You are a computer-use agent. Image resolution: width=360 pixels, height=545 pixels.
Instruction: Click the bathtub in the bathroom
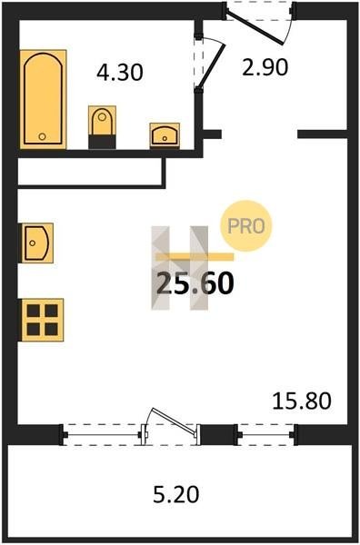point(43,99)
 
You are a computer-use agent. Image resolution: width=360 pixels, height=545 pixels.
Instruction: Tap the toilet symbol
point(102,126)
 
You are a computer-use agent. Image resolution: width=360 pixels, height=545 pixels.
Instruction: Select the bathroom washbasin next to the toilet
point(165,135)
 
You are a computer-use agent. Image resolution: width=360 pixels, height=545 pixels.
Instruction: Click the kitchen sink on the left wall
point(37,243)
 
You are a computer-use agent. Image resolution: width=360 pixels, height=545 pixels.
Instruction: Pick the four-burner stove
point(43,320)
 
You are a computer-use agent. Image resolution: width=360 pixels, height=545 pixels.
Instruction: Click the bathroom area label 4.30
point(120,73)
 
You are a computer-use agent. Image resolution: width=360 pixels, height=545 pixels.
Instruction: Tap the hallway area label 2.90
point(265,67)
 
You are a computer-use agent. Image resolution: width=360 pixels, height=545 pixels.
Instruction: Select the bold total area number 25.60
point(195,282)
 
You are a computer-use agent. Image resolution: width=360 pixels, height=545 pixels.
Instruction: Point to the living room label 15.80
point(302,401)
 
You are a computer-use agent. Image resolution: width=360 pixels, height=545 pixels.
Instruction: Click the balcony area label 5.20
point(176,494)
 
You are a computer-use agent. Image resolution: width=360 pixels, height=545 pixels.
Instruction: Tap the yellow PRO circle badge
point(246,226)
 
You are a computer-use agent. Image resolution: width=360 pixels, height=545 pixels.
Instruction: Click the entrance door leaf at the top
point(255,28)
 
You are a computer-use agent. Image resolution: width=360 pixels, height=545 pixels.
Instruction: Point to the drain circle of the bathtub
point(42,136)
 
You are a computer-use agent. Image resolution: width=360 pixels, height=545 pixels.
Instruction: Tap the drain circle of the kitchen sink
point(33,243)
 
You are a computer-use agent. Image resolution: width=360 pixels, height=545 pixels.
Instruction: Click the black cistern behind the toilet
point(102,142)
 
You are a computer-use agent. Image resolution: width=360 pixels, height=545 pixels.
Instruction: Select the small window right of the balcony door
point(266,434)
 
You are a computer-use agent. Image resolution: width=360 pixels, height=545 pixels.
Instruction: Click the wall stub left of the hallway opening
point(212,134)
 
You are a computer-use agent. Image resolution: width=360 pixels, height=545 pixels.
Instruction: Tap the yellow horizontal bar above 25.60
point(195,257)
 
